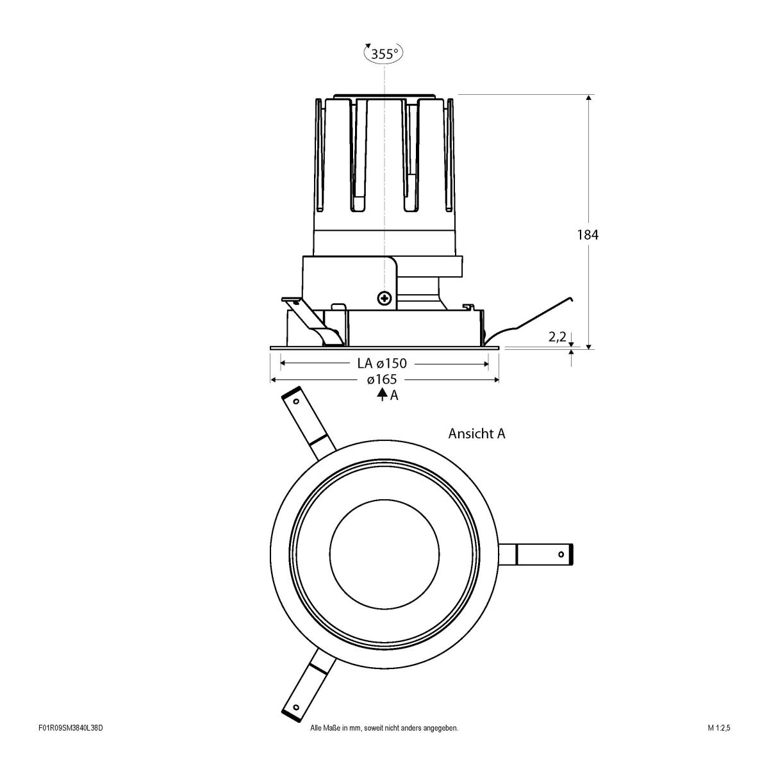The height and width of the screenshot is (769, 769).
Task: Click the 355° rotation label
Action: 384,54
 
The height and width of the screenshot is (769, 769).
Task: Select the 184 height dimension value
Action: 588,235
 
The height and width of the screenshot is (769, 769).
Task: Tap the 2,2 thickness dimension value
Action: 557,336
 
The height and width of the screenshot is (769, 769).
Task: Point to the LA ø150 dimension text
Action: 382,363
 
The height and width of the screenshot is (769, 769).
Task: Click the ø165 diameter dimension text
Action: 382,380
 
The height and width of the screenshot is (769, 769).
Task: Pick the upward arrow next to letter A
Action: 382,395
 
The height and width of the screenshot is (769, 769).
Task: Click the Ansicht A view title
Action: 476,434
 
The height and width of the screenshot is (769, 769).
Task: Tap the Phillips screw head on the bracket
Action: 384,297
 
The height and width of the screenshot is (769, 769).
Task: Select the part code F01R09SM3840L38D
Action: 70,746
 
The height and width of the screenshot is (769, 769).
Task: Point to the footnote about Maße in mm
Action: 383,746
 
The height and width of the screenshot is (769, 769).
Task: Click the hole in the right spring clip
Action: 561,554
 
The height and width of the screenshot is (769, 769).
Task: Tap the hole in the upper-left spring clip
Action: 296,402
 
